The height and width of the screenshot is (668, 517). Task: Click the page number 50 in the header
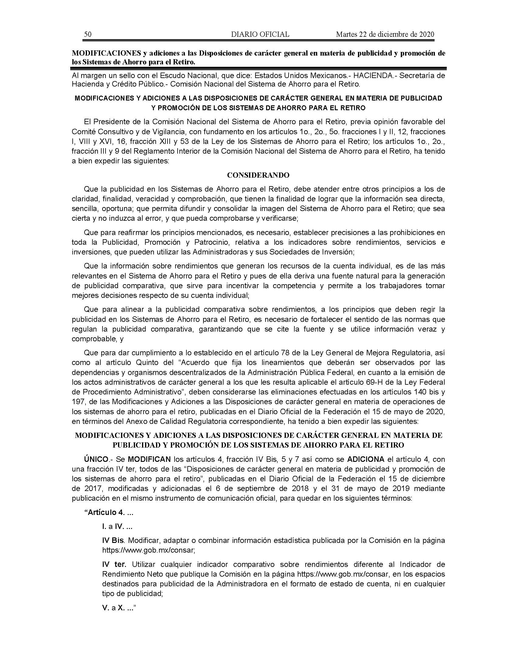pyautogui.click(x=88, y=34)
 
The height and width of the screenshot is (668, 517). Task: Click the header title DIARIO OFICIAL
pyautogui.click(x=260, y=34)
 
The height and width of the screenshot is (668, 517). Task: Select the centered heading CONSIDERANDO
pyautogui.click(x=258, y=175)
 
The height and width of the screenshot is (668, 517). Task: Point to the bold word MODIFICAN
pyautogui.click(x=149, y=459)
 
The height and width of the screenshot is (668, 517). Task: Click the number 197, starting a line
pyautogui.click(x=78, y=402)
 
